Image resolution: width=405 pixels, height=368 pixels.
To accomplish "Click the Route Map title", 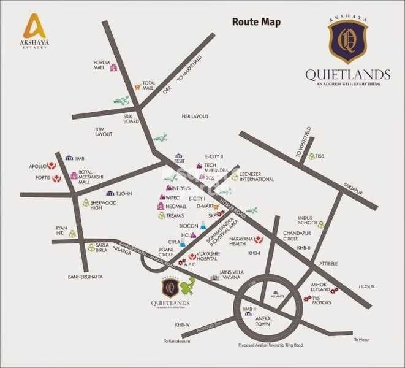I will coord(256,23).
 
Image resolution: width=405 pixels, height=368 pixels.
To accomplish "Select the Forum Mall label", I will coord(102,65).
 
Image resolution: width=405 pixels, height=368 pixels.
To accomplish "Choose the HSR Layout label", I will coord(195,116).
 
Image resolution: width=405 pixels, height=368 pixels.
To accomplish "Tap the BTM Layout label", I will coord(104,131).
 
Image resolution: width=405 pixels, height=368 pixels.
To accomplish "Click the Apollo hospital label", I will coord(38,166).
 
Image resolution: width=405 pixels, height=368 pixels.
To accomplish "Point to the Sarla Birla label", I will coord(107,249).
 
